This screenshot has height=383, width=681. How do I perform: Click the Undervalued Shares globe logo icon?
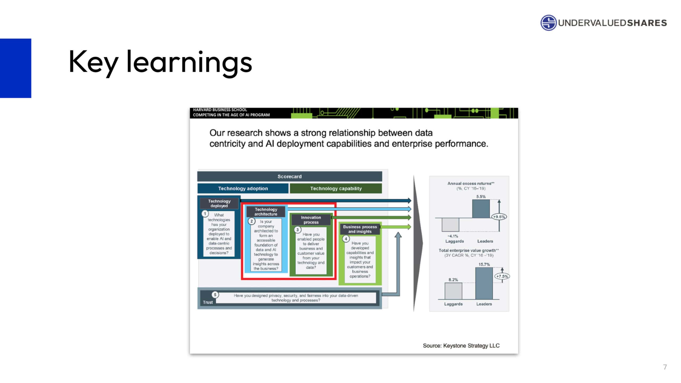coord(548,23)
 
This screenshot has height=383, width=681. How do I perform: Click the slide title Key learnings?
coord(160,63)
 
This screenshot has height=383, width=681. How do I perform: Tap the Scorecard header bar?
coord(289,176)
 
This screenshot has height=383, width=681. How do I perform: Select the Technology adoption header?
coord(243,188)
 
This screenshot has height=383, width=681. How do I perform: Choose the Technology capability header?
coord(336,188)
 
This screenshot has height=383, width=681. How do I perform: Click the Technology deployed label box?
coord(219,203)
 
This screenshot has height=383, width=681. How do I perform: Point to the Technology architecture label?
coord(266,212)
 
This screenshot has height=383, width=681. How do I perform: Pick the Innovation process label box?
coord(311,220)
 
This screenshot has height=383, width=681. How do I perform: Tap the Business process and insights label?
coord(360,229)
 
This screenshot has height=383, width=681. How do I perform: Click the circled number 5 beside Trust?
coord(215,295)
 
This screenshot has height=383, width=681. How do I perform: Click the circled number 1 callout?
coord(205,214)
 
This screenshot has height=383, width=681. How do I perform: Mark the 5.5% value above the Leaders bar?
coord(481,197)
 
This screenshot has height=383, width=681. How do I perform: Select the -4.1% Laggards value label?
coord(453,236)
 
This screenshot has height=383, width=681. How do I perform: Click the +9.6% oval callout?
coord(499,217)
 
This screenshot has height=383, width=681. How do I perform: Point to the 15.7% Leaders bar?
coord(484,283)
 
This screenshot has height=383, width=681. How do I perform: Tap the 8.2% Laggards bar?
coord(453,291)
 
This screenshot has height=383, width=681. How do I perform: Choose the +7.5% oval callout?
coord(502,276)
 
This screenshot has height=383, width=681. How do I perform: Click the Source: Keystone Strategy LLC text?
coord(461,345)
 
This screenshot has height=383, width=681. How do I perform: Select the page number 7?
coord(665,367)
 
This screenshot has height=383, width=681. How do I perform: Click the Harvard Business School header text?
coord(220,110)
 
